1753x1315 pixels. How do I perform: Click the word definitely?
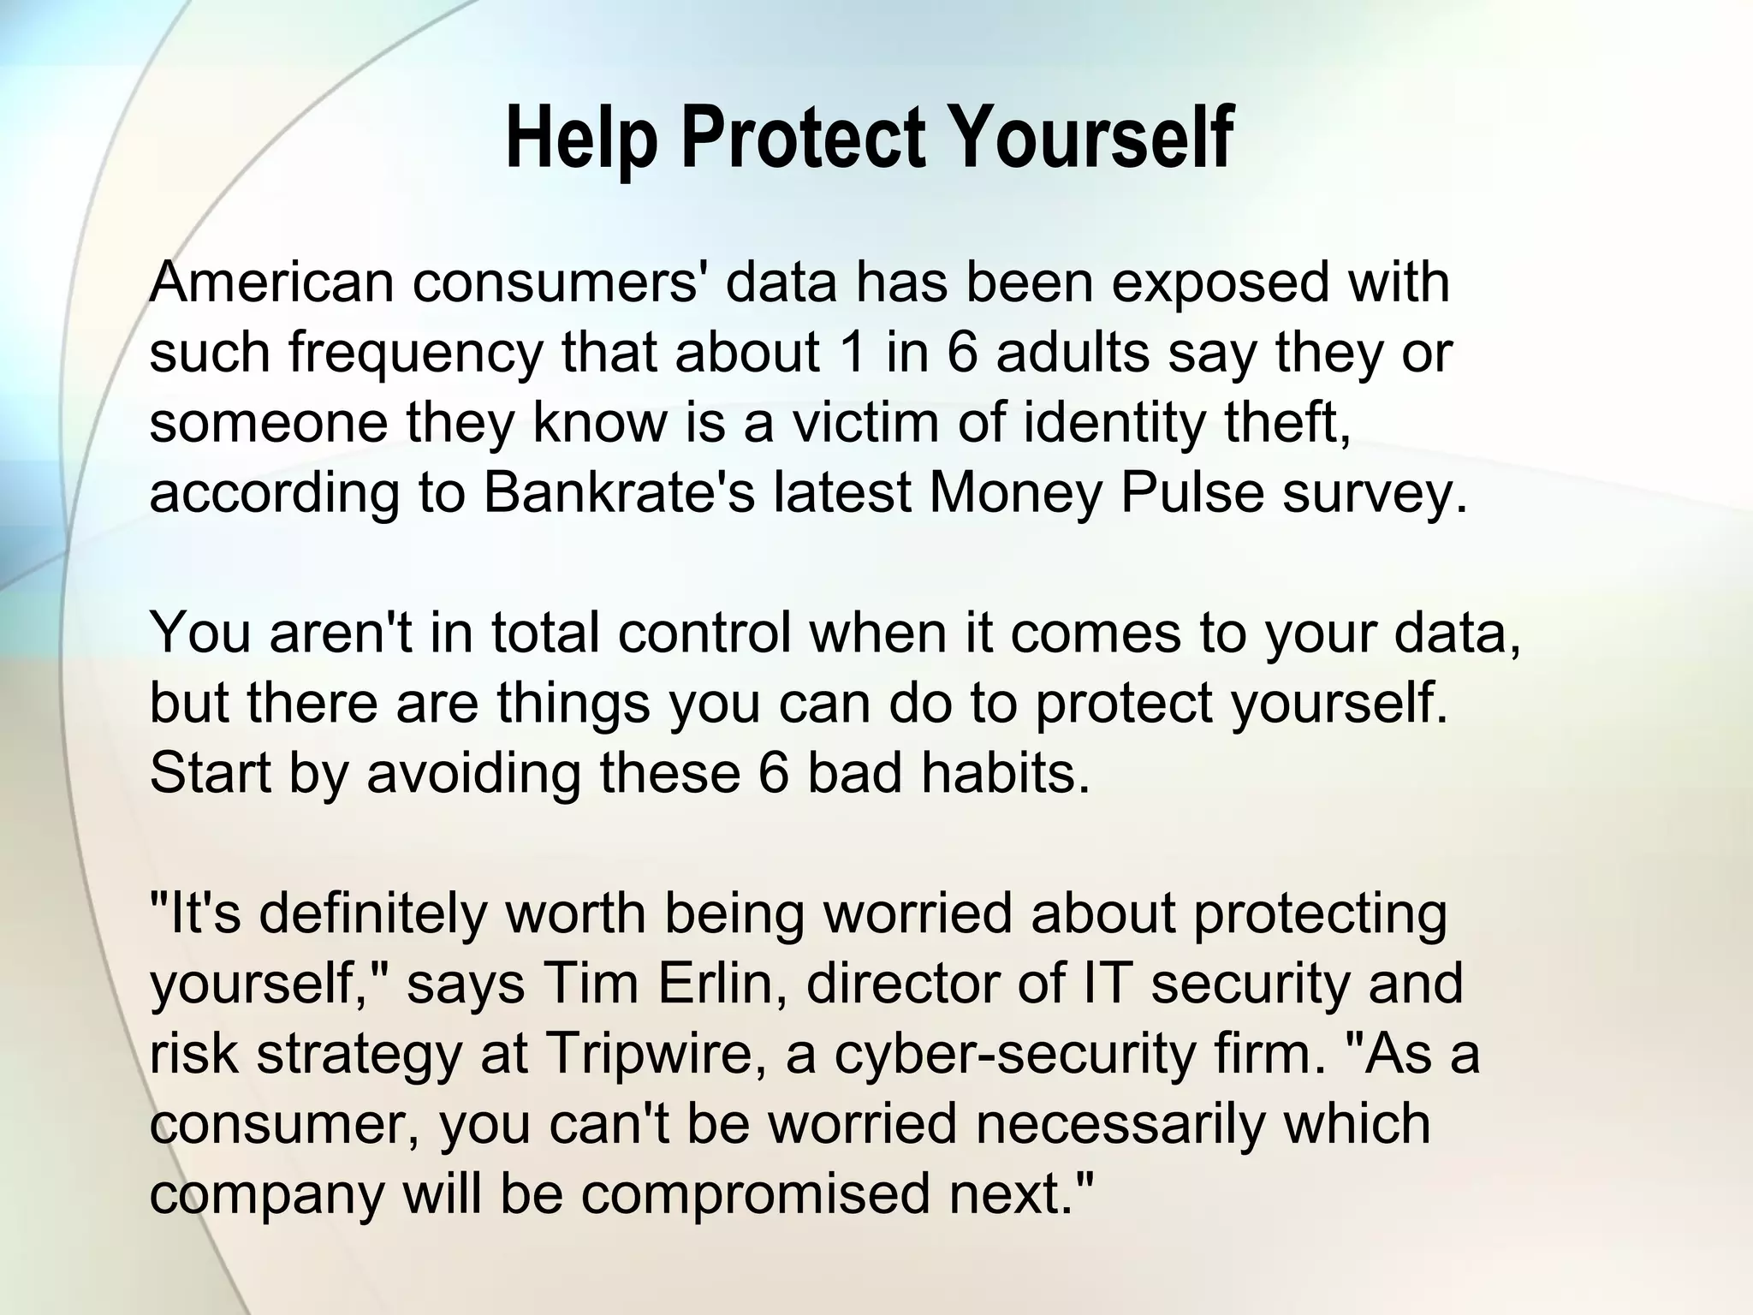pos(372,914)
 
